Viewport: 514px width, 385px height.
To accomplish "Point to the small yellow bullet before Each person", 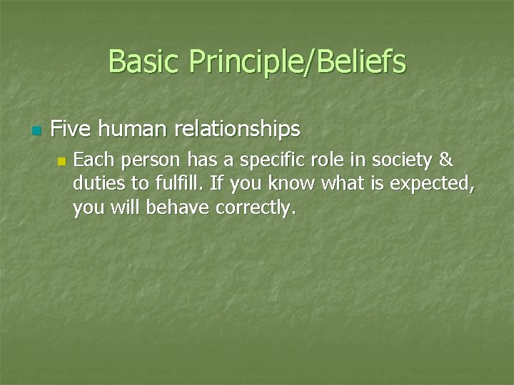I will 61,162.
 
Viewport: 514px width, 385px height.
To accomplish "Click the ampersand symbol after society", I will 445,160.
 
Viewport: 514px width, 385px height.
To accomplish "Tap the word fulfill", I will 178,184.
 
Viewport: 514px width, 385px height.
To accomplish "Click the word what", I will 343,184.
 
